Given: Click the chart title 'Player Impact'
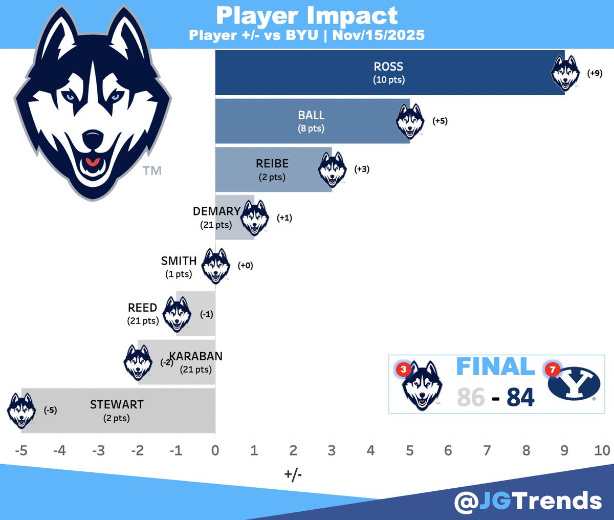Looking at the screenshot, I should [307, 15].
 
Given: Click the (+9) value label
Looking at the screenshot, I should [595, 73].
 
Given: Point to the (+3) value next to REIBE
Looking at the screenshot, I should [362, 169].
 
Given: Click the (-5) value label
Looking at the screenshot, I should [50, 410].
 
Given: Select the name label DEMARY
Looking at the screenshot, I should [216, 211].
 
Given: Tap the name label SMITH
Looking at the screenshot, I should [179, 261].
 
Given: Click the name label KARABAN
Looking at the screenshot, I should [196, 356].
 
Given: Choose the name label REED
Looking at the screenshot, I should [142, 308].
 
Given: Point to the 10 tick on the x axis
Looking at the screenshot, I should [602, 450].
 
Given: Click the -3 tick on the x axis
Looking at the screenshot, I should [98, 450].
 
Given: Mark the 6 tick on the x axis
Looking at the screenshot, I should [448, 450].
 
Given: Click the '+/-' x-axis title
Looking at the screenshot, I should [293, 474].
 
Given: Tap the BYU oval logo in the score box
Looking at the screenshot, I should [574, 383].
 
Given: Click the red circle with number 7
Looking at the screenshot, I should [553, 370].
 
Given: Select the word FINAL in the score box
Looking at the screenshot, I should [495, 367].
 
